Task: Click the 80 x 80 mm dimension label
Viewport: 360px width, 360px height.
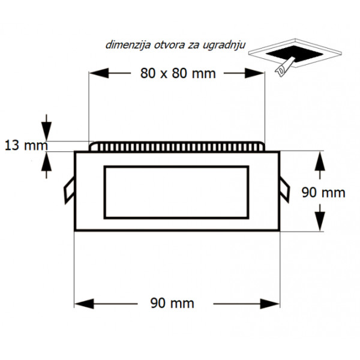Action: tap(178, 73)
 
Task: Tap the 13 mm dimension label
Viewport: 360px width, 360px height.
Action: tap(26, 146)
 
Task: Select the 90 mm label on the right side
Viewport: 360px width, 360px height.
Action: tap(323, 193)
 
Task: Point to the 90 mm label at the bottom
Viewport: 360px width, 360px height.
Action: tap(172, 303)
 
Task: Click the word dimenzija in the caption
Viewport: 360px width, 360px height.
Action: tap(128, 45)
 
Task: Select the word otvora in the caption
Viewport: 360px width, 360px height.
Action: tap(169, 45)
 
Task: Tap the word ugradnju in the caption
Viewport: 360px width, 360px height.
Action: tap(224, 46)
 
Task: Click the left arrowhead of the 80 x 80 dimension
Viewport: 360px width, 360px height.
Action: tap(99, 73)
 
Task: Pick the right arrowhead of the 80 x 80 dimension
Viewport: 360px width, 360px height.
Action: tap(254, 73)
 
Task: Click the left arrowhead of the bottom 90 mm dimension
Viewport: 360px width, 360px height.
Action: tap(84, 304)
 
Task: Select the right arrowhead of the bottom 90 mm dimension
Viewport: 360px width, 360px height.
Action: tap(269, 304)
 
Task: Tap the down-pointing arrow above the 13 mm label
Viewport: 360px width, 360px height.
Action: tap(46, 127)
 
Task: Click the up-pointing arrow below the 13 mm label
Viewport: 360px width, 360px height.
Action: tap(46, 165)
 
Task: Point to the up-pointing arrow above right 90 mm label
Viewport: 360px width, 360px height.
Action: tap(320, 165)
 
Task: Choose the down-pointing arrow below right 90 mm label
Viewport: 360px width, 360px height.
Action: tap(320, 218)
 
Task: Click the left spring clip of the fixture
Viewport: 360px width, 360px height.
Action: tap(69, 190)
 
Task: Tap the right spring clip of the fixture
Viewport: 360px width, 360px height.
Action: tap(284, 190)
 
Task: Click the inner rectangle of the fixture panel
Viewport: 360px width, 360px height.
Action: tap(176, 192)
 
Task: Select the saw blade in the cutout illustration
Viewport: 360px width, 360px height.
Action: tap(284, 67)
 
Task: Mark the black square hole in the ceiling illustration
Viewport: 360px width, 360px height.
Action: tap(295, 55)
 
